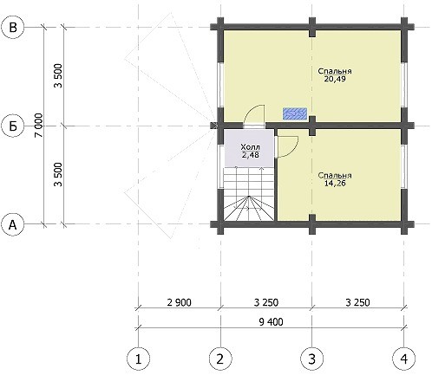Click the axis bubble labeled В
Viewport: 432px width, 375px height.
click(x=13, y=28)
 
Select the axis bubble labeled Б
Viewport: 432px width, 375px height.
click(x=13, y=126)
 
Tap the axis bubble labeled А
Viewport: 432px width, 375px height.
click(x=13, y=224)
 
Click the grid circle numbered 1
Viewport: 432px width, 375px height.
click(x=139, y=359)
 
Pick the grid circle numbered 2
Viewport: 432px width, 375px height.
click(x=220, y=359)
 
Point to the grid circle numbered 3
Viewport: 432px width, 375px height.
click(x=312, y=359)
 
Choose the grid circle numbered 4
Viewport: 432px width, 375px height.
click(x=404, y=359)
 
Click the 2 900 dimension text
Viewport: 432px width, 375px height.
click(x=180, y=302)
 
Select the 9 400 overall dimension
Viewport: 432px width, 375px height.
click(x=271, y=321)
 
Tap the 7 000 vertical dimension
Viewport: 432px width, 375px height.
click(x=39, y=126)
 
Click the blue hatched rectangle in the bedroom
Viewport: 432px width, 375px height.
click(x=295, y=113)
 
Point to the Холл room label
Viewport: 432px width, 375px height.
click(x=250, y=147)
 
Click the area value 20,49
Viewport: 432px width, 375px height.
click(x=335, y=79)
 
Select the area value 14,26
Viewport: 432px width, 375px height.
click(x=335, y=184)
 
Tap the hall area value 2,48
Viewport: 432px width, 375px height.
click(x=251, y=155)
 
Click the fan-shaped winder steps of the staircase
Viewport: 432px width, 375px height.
click(x=249, y=208)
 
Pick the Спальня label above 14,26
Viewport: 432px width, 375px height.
click(x=335, y=175)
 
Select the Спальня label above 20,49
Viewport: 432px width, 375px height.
click(x=335, y=71)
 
